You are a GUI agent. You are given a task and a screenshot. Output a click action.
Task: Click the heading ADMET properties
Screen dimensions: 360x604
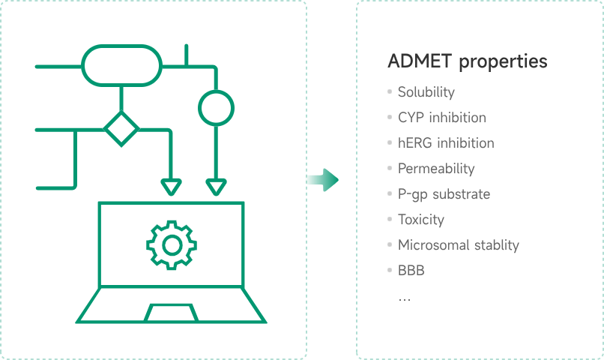pyautogui.click(x=467, y=61)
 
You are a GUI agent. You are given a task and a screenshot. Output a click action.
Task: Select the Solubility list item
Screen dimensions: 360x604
pyautogui.click(x=426, y=92)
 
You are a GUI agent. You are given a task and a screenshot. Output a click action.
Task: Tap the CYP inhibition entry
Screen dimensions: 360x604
pyautogui.click(x=441, y=118)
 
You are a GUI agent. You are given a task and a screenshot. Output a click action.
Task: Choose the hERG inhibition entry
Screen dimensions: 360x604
pyautogui.click(x=445, y=142)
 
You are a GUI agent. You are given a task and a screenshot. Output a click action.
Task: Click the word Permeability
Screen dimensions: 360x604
pyautogui.click(x=435, y=169)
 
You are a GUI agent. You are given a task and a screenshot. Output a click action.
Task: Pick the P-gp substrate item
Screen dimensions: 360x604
pyautogui.click(x=444, y=194)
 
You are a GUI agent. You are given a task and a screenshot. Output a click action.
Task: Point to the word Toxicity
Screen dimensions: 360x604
pyautogui.click(x=420, y=220)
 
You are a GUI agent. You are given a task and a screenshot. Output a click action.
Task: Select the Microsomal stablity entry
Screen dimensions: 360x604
pyautogui.click(x=458, y=245)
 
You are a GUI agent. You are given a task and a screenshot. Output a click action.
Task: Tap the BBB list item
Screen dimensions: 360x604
pyautogui.click(x=411, y=271)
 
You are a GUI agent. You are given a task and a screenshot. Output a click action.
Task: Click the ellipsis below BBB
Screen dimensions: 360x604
pyautogui.click(x=405, y=298)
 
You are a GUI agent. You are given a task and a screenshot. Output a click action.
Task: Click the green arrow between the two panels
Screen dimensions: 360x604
pyautogui.click(x=322, y=179)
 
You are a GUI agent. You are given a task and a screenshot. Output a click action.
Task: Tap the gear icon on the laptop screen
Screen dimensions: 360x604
pyautogui.click(x=171, y=244)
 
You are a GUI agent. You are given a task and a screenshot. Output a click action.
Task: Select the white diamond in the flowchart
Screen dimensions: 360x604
pyautogui.click(x=121, y=128)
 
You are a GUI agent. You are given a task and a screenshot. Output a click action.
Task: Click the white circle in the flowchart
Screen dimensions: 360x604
pyautogui.click(x=216, y=106)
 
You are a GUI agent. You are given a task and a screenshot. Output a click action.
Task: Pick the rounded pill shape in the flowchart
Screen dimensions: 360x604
pyautogui.click(x=121, y=66)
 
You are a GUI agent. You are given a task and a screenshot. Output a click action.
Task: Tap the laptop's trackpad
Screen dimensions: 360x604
pyautogui.click(x=171, y=312)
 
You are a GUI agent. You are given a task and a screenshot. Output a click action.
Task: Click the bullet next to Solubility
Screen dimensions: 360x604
pyautogui.click(x=390, y=91)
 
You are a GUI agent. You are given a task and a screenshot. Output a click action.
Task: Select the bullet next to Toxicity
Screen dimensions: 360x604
pyautogui.click(x=390, y=219)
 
